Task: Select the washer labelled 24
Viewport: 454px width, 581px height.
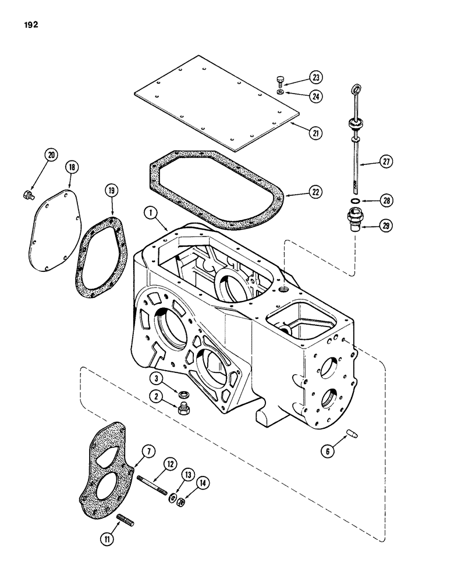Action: click(281, 92)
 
